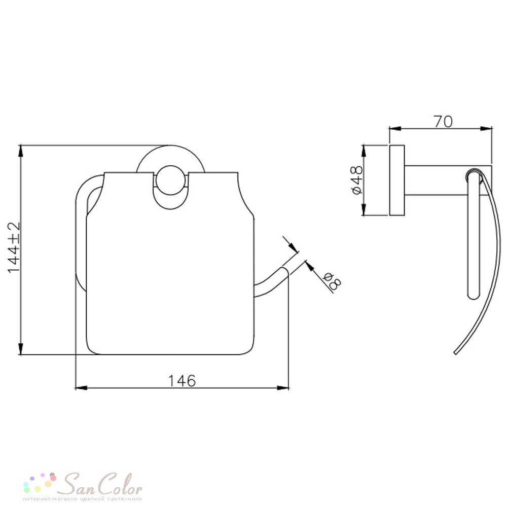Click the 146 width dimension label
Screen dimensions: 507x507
182,381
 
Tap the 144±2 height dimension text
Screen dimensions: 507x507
14,247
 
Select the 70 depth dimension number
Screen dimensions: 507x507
443,122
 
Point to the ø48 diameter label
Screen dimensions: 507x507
356,180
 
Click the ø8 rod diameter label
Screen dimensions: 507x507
332,280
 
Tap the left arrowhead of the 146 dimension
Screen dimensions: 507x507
81,387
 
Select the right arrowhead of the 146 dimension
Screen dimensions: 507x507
283,387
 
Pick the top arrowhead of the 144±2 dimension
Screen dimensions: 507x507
21,151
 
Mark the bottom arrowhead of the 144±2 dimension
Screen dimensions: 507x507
21,349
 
